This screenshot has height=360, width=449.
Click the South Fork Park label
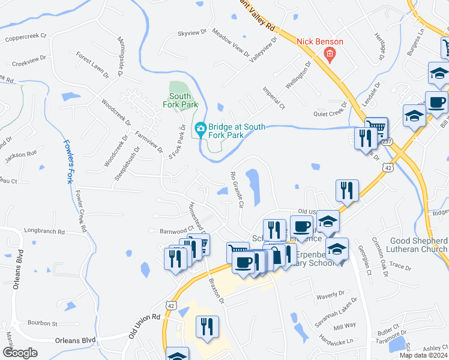(x=180, y=100)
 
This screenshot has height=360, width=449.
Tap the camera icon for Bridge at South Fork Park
(x=200, y=128)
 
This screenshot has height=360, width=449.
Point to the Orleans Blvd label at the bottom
(x=76, y=340)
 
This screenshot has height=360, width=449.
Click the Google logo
(x=20, y=353)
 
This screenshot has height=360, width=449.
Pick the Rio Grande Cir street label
(x=236, y=189)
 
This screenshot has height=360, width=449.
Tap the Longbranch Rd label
(x=44, y=230)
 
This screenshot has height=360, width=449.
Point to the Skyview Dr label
(x=191, y=34)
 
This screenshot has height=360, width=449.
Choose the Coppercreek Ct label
(x=26, y=37)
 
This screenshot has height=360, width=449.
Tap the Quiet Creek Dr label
(x=331, y=112)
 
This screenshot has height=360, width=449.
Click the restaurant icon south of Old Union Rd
(x=207, y=327)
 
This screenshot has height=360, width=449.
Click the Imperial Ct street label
(x=273, y=98)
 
